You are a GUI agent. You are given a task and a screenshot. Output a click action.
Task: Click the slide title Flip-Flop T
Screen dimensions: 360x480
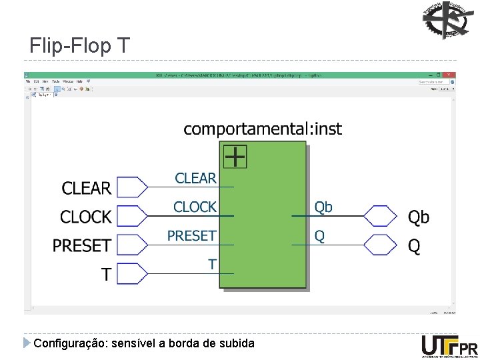click(80, 46)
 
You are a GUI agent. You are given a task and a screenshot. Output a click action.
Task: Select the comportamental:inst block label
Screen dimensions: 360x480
click(262, 129)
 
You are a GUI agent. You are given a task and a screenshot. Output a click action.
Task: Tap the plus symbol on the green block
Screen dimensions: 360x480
click(235, 157)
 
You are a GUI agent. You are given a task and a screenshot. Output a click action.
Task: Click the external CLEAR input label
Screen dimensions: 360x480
click(87, 189)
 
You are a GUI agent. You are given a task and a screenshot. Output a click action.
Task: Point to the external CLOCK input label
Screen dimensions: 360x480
click(85, 217)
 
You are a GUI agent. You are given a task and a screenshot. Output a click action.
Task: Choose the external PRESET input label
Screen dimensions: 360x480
click(81, 246)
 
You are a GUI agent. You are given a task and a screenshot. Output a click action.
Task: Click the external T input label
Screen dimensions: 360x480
click(106, 274)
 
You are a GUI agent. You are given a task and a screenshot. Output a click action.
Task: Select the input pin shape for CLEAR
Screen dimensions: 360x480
click(131, 187)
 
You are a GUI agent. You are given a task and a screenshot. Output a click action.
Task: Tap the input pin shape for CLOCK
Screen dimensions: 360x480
click(131, 216)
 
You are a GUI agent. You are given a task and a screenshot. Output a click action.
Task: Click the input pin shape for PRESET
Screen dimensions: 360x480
click(131, 245)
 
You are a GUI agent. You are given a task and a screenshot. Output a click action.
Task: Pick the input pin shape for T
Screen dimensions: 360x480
click(131, 273)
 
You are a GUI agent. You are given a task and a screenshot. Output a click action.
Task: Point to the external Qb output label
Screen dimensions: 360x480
click(419, 217)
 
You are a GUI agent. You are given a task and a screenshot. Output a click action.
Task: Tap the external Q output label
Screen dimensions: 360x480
click(414, 247)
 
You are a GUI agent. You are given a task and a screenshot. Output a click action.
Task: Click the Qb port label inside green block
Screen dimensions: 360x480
click(323, 207)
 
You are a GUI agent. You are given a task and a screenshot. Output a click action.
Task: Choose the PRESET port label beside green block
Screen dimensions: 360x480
click(191, 236)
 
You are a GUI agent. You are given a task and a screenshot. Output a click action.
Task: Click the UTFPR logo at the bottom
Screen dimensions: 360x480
click(449, 347)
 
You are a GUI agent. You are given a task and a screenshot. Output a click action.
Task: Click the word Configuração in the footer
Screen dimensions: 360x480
click(64, 343)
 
